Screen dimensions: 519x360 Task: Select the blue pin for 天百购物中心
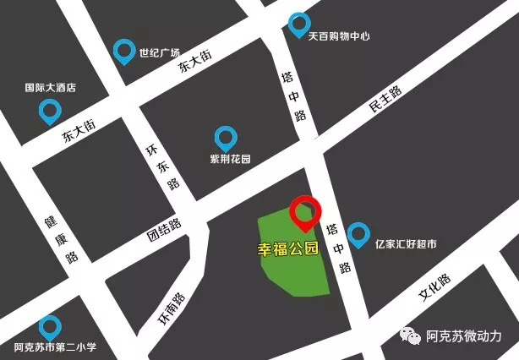[x=298, y=25]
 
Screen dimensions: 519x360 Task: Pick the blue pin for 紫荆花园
[x=225, y=138]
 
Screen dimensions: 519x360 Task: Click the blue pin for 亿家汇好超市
[x=358, y=233]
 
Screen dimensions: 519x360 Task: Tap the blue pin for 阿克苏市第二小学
[x=50, y=327]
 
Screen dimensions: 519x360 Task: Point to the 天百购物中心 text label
[x=339, y=36]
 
